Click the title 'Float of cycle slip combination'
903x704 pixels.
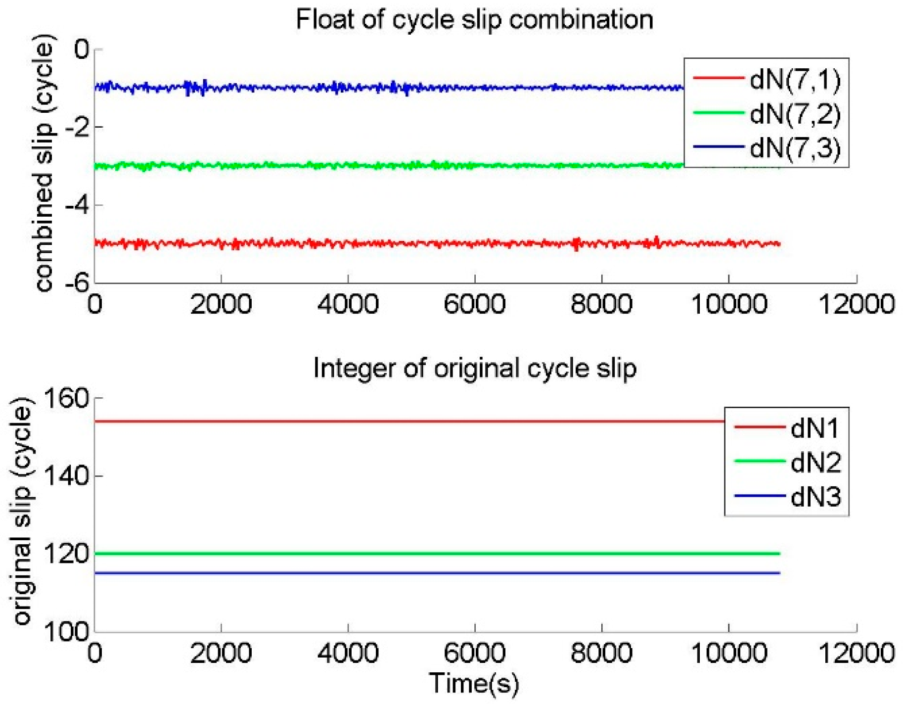[x=474, y=20]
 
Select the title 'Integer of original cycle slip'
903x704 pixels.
[x=475, y=369]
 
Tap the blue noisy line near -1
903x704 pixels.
[x=346, y=88]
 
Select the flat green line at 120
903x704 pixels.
[x=396, y=554]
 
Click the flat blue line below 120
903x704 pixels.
[x=396, y=573]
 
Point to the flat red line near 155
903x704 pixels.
[x=396, y=422]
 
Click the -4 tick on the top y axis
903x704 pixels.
[x=77, y=205]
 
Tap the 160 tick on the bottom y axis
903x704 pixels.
[x=66, y=398]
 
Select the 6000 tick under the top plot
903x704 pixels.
[x=474, y=304]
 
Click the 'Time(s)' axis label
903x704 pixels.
[x=474, y=684]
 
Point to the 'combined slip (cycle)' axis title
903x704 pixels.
[x=45, y=163]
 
